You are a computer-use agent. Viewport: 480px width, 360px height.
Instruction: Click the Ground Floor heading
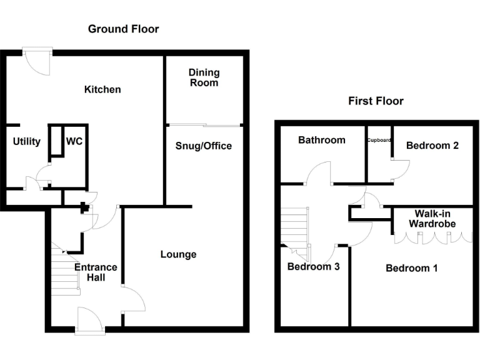click(123, 29)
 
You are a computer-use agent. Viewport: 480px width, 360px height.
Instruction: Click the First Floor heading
click(376, 101)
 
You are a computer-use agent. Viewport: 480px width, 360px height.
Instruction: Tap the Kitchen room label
click(102, 89)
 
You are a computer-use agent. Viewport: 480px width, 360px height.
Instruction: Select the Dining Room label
click(204, 77)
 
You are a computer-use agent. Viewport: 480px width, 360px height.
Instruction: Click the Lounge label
click(178, 254)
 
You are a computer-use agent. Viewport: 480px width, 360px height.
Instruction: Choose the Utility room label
click(27, 141)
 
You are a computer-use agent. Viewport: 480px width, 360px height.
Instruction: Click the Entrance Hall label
click(96, 272)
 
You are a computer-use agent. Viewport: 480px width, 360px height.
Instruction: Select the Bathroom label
click(321, 140)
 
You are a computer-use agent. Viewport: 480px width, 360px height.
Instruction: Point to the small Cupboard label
click(379, 140)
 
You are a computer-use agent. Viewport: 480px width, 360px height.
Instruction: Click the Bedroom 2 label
click(432, 145)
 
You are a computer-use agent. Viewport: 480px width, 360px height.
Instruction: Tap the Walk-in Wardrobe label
click(432, 219)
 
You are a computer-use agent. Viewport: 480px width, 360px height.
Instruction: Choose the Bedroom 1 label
click(411, 268)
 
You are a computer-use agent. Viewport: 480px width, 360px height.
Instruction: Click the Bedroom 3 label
click(313, 266)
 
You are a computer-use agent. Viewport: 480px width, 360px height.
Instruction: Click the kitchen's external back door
click(36, 61)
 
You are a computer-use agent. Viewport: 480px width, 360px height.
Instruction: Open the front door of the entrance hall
click(89, 322)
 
